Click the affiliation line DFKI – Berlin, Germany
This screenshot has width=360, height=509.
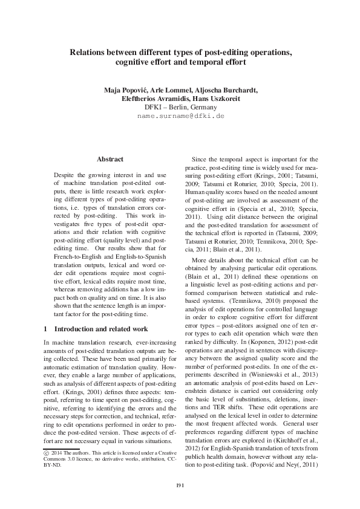click(x=180, y=107)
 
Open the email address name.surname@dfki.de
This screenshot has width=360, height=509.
click(x=180, y=115)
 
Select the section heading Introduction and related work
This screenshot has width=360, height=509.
click(x=100, y=329)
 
